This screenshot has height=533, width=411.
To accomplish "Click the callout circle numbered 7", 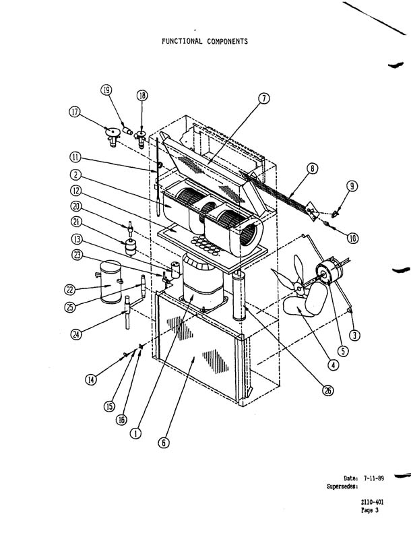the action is pyautogui.click(x=264, y=98).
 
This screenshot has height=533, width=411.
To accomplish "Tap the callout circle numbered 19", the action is pyautogui.click(x=106, y=90).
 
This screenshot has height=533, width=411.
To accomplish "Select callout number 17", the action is pyautogui.click(x=75, y=112).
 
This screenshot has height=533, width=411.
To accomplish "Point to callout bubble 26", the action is pyautogui.click(x=327, y=391).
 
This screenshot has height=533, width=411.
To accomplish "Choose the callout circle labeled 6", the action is pyautogui.click(x=164, y=442).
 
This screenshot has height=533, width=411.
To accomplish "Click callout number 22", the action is pyautogui.click(x=70, y=290).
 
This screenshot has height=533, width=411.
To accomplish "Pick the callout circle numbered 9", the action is pyautogui.click(x=352, y=186).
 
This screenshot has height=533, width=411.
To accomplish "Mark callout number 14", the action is pyautogui.click(x=91, y=379).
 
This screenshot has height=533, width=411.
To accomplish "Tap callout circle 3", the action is pyautogui.click(x=354, y=335).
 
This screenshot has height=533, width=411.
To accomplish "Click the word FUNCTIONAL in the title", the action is pyautogui.click(x=182, y=42).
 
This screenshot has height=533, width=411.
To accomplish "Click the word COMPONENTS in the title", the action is pyautogui.click(x=228, y=42).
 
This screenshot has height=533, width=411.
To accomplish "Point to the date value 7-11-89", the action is pyautogui.click(x=373, y=478).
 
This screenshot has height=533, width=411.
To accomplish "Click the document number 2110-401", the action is pyautogui.click(x=372, y=502).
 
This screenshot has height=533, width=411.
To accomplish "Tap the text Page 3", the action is pyautogui.click(x=369, y=510).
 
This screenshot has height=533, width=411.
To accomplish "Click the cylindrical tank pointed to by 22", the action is pyautogui.click(x=110, y=282).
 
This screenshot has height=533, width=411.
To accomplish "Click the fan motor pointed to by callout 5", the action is pyautogui.click(x=328, y=271).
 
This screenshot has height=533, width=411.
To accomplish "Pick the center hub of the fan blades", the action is pyautogui.click(x=300, y=288).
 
